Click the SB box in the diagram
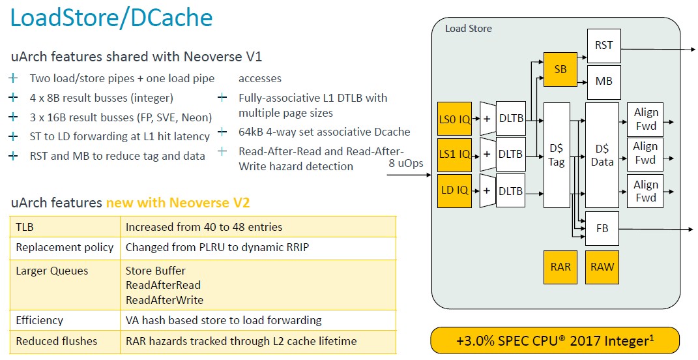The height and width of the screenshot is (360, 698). tap(560, 69)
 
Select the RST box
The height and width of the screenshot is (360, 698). tap(603, 46)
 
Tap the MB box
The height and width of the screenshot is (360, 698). tap(603, 82)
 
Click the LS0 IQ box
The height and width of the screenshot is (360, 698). tap(454, 119)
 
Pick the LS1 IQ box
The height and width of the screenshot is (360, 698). tap(454, 155)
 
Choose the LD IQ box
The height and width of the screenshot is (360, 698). tap(454, 190)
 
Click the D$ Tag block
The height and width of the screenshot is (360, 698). tap(557, 155)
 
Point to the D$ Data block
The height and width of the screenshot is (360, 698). tap(602, 155)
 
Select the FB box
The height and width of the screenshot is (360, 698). tap(602, 228)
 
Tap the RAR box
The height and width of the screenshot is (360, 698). tap(560, 267)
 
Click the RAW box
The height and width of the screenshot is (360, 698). tap(602, 267)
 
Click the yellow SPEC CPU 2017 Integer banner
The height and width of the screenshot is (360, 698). tap(555, 341)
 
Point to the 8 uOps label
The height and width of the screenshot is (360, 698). tap(405, 163)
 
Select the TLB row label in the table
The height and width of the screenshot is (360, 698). tap(25, 227)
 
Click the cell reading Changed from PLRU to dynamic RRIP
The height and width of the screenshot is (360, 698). tap(217, 247)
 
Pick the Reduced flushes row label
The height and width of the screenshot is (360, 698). tap(57, 341)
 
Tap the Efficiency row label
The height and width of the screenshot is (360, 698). tap(40, 320)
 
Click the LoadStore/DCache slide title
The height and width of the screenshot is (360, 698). tap(111, 18)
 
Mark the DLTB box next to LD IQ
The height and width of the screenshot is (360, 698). tap(510, 190)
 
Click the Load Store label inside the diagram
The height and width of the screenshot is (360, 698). tap(469, 29)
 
